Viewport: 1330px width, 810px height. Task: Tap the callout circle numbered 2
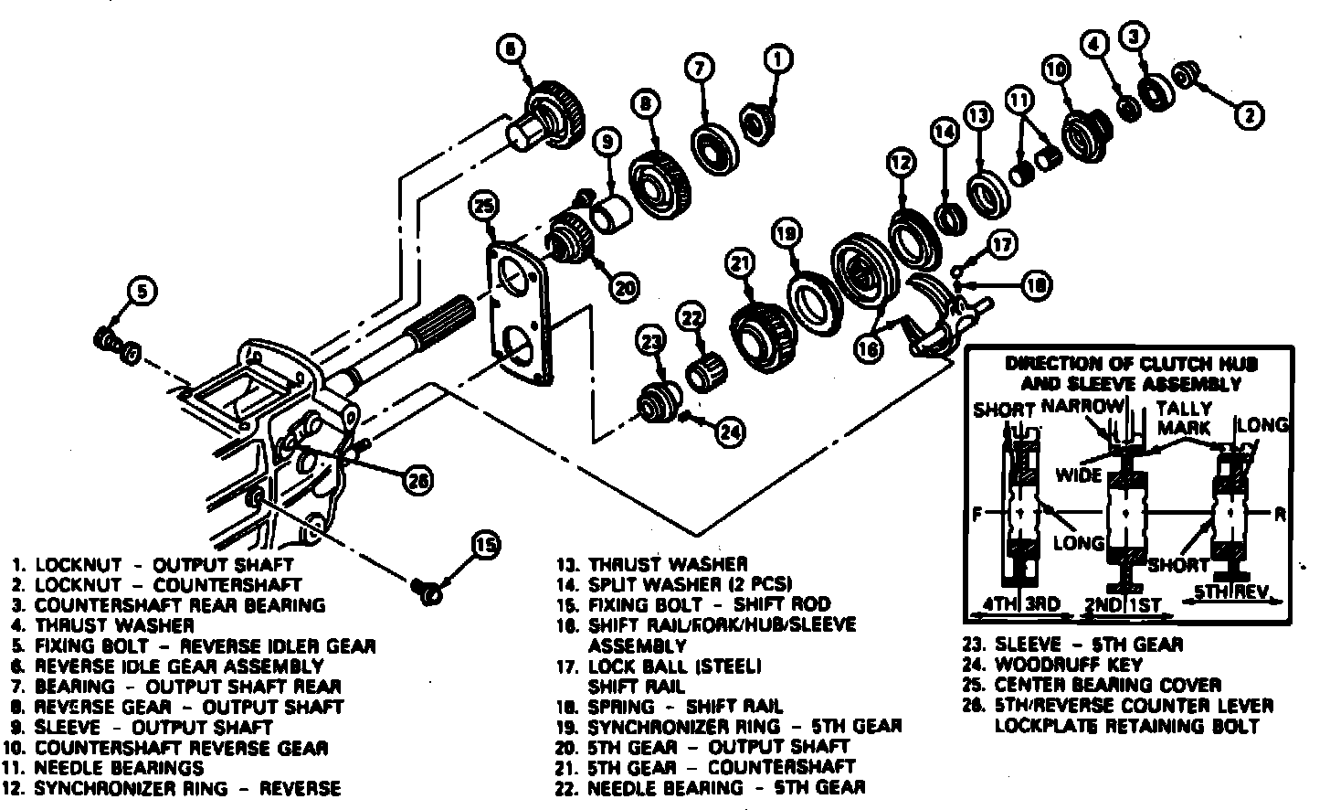coord(1249,115)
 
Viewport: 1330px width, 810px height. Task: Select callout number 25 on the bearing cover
coord(484,207)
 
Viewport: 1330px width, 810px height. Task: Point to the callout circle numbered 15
coord(485,547)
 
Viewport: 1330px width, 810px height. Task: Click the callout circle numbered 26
coord(417,479)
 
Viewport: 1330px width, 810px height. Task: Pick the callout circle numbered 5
coord(139,292)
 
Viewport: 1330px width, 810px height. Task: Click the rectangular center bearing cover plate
coord(519,315)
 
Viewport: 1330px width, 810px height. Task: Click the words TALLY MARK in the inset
coord(1184,418)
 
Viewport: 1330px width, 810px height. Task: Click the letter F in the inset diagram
coord(976,515)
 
